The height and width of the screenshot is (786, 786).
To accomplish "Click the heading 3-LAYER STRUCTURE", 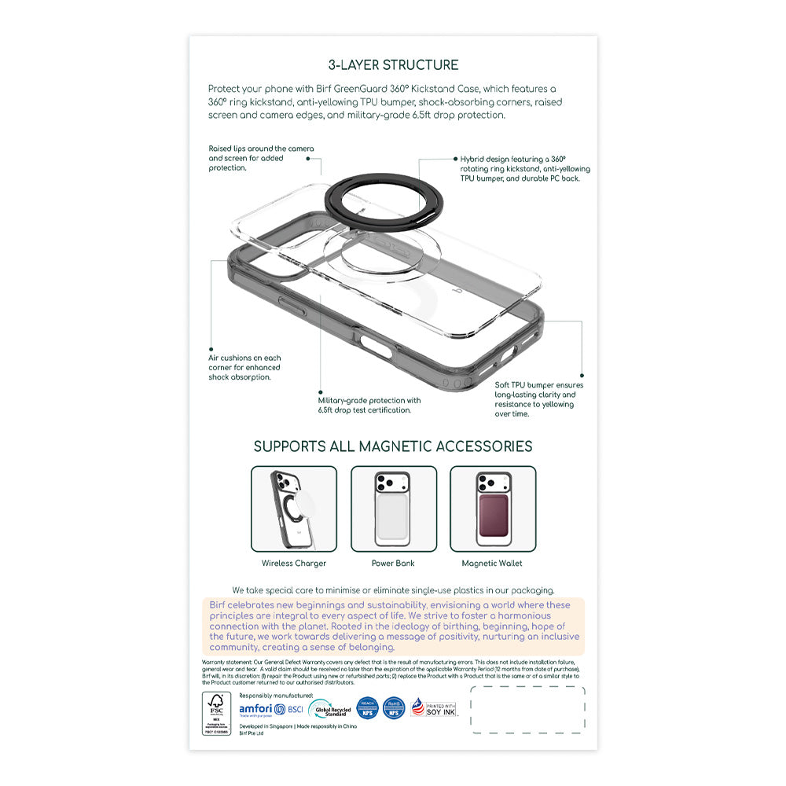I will (393, 65).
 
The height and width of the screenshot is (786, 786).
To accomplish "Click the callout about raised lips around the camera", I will (261, 158).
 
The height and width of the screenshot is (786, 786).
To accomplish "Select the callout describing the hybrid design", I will (525, 168).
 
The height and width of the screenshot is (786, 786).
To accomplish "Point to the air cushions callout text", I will (244, 367).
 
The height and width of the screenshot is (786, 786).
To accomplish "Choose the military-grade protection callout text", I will (369, 405).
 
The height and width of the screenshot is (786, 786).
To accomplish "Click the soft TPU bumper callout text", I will (539, 399).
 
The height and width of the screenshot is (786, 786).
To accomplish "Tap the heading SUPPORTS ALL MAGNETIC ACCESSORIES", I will (393, 446).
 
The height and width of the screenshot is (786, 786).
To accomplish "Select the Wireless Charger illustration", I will (294, 509).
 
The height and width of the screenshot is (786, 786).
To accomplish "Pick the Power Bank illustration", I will (393, 509).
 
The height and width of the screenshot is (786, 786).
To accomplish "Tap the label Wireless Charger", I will (294, 564).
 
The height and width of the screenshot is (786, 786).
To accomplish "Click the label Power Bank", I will (393, 564).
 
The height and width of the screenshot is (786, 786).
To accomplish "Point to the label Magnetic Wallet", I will (492, 564).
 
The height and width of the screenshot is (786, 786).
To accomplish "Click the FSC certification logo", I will (215, 713).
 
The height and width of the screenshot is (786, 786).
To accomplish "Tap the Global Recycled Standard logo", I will (329, 710).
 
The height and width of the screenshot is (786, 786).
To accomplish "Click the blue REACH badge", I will (367, 707).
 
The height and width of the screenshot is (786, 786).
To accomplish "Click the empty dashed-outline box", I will (527, 710).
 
